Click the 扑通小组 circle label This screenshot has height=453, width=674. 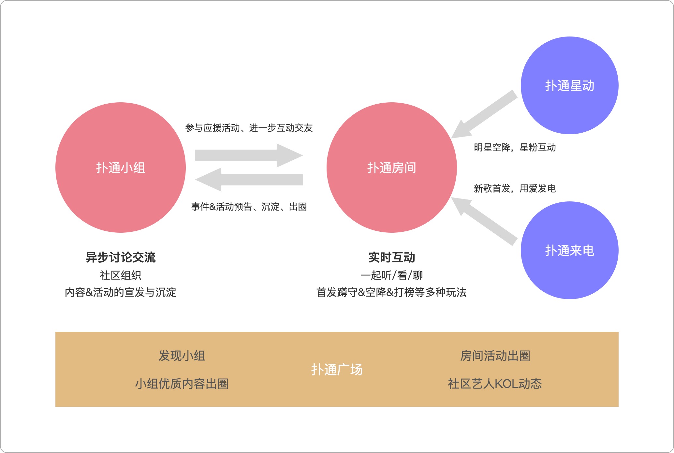(120, 168)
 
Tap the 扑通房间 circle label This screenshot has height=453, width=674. (391, 168)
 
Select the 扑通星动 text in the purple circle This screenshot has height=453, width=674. (569, 86)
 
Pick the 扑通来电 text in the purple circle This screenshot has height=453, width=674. (569, 251)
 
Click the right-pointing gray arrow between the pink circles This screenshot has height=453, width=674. (248, 155)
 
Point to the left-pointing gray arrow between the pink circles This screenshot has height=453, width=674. (249, 180)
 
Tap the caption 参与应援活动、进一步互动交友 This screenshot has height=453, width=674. (249, 128)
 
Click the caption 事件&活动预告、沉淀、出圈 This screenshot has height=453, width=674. (249, 207)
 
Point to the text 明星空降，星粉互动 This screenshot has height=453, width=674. (515, 147)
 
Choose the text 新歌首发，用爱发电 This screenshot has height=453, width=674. (515, 188)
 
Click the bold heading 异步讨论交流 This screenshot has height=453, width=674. (120, 257)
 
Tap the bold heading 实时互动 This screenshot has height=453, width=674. (391, 257)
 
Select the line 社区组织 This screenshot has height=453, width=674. (120, 275)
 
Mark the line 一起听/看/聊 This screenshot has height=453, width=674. (391, 275)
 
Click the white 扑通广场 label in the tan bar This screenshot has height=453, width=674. (337, 370)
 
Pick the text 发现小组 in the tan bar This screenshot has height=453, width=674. (182, 356)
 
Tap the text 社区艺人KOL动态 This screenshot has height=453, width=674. (495, 384)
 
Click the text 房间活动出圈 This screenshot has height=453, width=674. (495, 356)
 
